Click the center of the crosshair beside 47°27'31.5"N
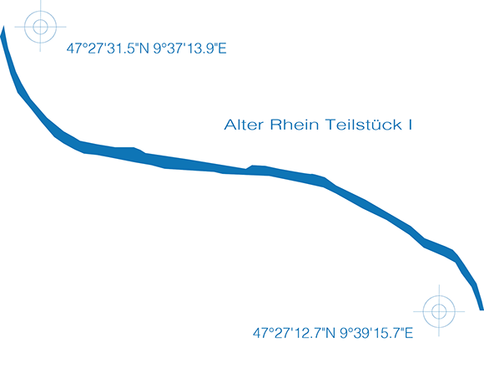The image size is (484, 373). pos(40,27)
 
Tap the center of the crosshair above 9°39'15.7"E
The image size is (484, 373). pos(439,311)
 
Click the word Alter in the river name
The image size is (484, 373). pos(244,125)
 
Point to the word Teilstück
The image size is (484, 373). pos(364,125)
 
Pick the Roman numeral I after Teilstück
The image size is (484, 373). pos(411,125)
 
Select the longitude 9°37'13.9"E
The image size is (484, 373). pos(189,49)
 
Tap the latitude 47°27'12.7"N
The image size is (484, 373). pos(294,333)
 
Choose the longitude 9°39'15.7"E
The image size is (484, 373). pos(376,333)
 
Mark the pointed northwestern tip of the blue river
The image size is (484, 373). pos(3,26)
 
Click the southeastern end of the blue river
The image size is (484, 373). pos(481,309)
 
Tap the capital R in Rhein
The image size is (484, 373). pos(275,125)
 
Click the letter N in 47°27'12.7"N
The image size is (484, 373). pos(330,333)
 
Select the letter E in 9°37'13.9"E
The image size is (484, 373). pos(223,49)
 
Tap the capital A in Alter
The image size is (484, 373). pos(229,125)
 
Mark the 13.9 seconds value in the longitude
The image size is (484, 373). pos(201,49)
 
